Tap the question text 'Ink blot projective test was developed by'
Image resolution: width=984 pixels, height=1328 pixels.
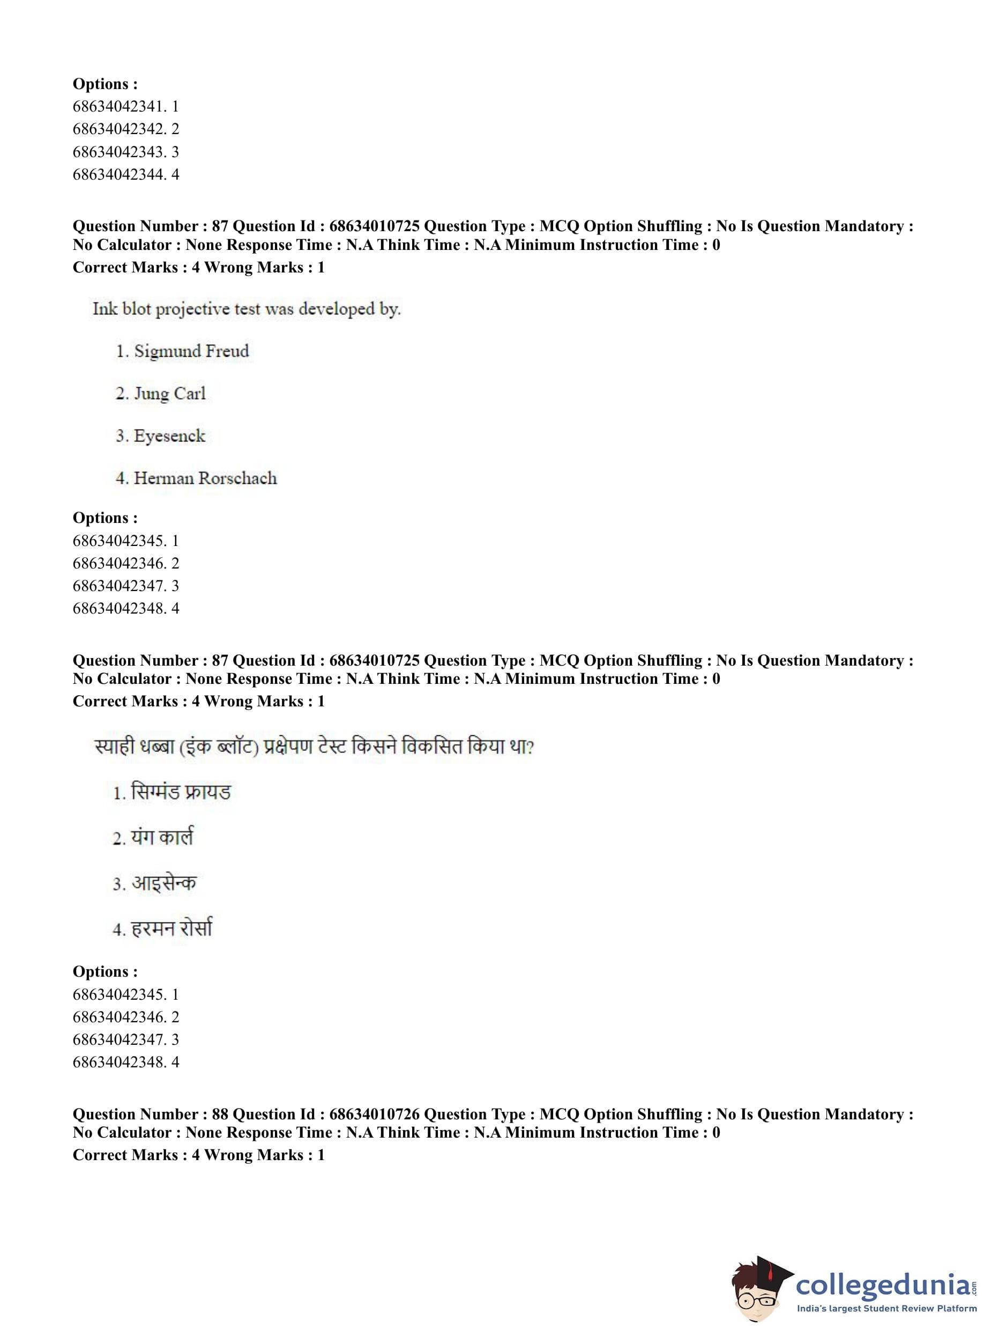(246, 309)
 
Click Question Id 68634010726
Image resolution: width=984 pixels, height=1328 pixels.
(374, 1114)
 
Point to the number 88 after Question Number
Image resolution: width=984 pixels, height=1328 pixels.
(220, 1114)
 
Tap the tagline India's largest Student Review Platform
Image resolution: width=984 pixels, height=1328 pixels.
(886, 1309)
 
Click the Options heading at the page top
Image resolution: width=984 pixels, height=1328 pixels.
(105, 84)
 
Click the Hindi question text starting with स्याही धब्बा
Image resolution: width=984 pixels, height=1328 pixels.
(314, 746)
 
